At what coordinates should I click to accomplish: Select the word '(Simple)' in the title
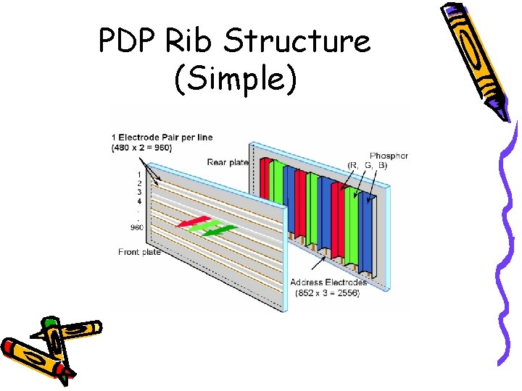click(x=235, y=79)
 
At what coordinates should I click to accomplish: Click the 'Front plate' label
click(x=139, y=252)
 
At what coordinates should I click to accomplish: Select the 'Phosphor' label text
click(x=389, y=155)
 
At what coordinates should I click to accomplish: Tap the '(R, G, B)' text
click(x=368, y=165)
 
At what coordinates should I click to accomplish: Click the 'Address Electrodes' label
click(x=328, y=282)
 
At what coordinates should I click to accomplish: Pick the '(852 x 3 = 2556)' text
click(x=328, y=293)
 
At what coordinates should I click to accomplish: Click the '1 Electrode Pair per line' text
click(x=162, y=138)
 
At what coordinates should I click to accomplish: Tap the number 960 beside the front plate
click(x=137, y=227)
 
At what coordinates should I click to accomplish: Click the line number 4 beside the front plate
click(x=138, y=201)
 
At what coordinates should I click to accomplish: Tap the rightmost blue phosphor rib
click(x=366, y=224)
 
